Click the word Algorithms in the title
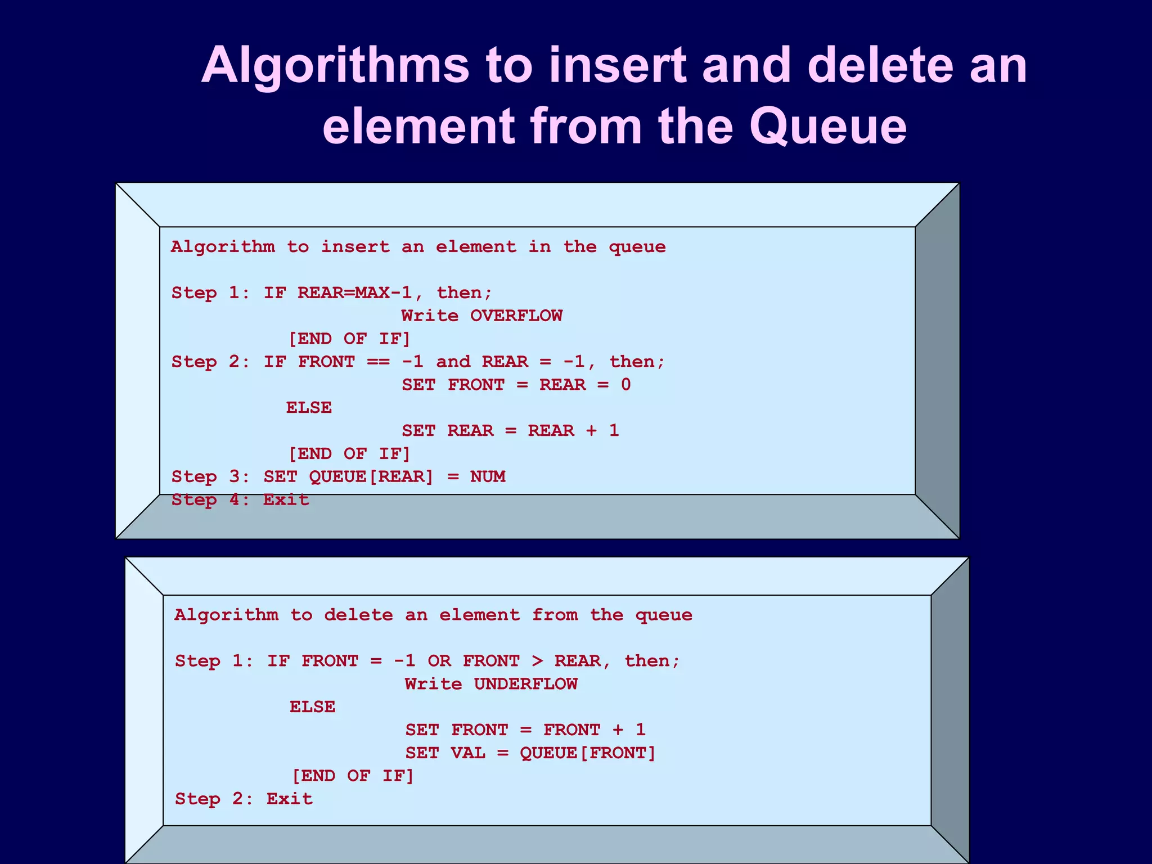(x=335, y=66)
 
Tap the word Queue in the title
(x=827, y=127)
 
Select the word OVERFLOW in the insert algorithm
(x=516, y=316)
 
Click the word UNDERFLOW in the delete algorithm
(x=525, y=684)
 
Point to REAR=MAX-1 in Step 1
(x=354, y=292)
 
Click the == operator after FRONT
(x=378, y=362)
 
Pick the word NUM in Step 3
(x=488, y=476)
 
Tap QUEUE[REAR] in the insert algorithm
(x=371, y=476)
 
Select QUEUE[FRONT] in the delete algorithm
(x=588, y=753)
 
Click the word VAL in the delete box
(x=468, y=753)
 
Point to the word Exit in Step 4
(x=286, y=499)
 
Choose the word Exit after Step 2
(x=290, y=799)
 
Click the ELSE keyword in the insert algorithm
(x=309, y=407)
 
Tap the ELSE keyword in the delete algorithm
(x=312, y=706)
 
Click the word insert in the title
(x=617, y=66)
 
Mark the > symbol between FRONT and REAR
(x=537, y=661)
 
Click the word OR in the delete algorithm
(x=439, y=661)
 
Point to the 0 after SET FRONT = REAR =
(x=625, y=385)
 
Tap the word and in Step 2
(x=453, y=362)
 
